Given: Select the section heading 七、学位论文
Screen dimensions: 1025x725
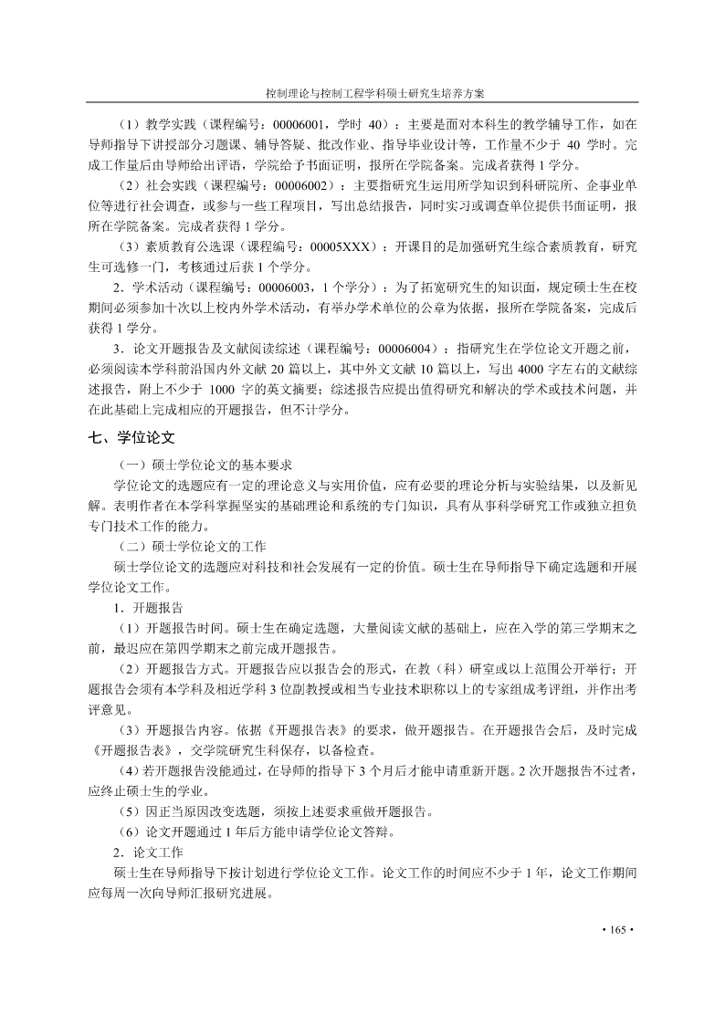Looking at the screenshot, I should pos(128,438).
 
